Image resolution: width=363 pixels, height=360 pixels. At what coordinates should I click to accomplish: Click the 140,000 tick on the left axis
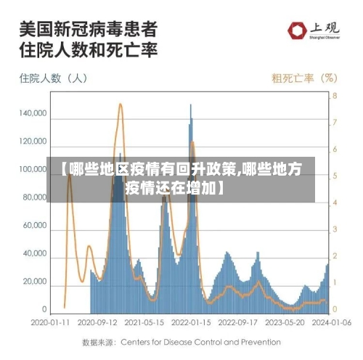point(34,114)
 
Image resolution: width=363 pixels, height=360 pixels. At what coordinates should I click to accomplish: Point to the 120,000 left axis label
point(34,142)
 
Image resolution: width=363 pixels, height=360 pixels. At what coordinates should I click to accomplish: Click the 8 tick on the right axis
point(335,96)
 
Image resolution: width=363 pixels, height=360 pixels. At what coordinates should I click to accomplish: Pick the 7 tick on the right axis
point(335,123)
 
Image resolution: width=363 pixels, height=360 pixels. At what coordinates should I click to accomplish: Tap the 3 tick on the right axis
point(335,229)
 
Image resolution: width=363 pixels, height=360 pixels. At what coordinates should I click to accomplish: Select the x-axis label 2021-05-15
point(144,320)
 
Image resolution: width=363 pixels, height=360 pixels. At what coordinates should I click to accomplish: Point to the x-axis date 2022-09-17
point(237,320)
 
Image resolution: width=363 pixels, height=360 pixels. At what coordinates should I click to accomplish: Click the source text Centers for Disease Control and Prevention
point(200,341)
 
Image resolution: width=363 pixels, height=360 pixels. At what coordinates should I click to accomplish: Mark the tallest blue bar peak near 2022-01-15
point(191,105)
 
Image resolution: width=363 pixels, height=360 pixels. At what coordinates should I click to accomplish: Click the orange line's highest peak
point(120,105)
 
